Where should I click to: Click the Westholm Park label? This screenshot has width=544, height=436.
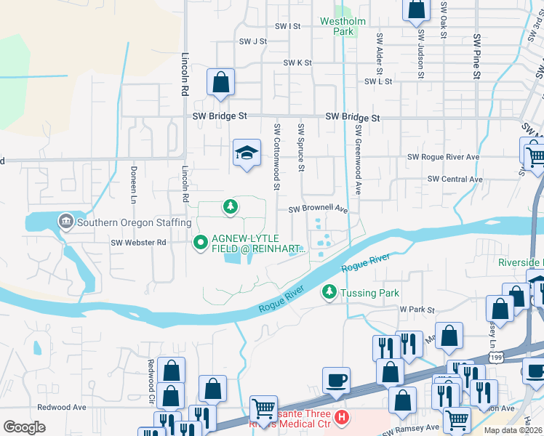[343, 26]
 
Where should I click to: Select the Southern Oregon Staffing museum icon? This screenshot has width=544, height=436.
[65, 220]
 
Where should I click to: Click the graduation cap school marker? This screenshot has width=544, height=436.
[247, 153]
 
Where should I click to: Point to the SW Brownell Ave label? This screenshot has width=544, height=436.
[319, 209]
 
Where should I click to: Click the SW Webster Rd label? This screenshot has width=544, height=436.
[138, 242]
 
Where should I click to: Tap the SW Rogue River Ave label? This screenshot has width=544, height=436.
[444, 157]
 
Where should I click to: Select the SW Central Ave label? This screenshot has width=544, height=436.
[455, 179]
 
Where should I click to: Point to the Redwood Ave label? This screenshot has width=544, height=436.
[62, 408]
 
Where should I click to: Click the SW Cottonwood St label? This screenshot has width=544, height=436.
[277, 156]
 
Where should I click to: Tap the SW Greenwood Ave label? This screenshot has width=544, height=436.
[359, 158]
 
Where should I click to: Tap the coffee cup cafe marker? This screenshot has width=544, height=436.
[336, 380]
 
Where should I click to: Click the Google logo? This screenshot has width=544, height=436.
[24, 427]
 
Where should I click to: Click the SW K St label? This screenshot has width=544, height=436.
[297, 63]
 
